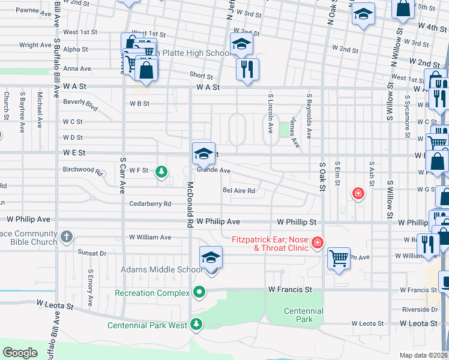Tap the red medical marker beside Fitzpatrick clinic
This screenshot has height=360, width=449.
318,243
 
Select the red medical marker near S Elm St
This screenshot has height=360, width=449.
358,193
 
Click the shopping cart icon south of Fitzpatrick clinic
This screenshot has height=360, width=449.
339,259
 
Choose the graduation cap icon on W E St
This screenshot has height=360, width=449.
203,154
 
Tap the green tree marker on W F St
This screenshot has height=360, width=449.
161,172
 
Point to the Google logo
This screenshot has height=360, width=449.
20,352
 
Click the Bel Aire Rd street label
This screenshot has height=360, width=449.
239,191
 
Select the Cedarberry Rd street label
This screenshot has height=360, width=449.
150,204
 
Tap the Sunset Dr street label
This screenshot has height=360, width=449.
94,254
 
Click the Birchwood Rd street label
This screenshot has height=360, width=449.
82,172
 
